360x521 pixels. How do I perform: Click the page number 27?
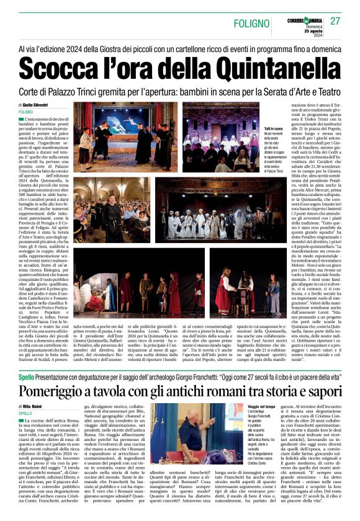pyautogui.click(x=336, y=21)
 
